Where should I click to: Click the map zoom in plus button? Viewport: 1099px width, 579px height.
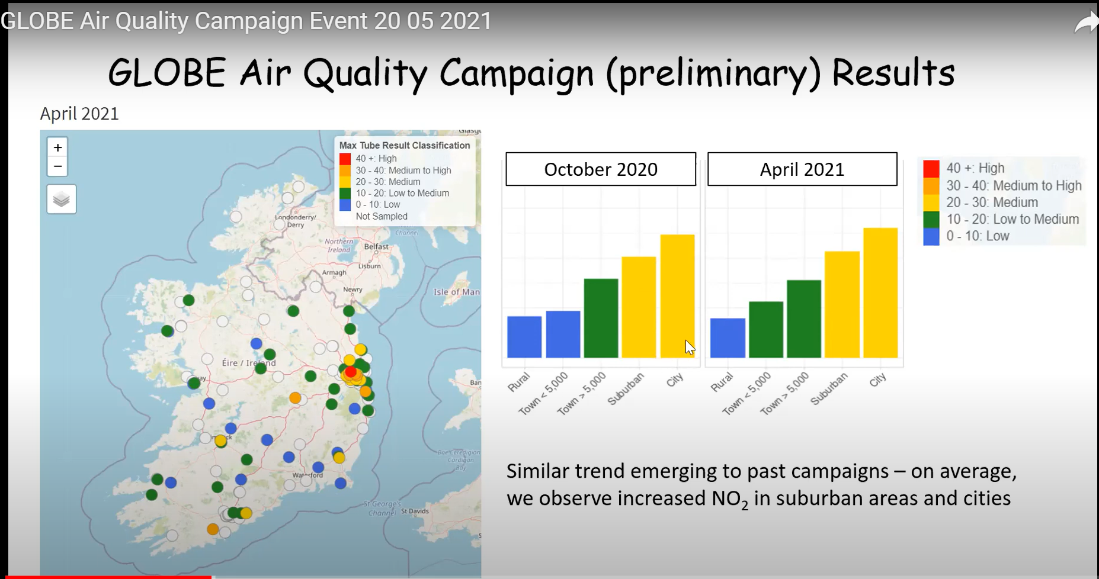pos(57,147)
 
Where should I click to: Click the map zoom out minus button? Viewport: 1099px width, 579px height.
pos(57,166)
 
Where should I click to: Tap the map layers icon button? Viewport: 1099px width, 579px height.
pos(62,200)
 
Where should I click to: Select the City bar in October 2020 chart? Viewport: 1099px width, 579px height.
pos(677,296)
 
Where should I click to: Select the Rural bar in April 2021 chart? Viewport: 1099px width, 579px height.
pos(727,338)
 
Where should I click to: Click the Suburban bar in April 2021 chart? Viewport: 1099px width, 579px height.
pos(842,304)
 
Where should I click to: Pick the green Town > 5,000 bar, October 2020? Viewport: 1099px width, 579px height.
pos(601,318)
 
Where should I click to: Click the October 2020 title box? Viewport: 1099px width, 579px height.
pos(600,169)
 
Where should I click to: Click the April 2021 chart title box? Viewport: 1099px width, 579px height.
pos(802,169)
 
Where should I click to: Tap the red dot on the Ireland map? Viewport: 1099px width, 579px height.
pos(351,372)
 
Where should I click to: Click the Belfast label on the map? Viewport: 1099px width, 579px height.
pos(376,247)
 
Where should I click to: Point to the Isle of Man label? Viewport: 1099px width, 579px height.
pos(456,292)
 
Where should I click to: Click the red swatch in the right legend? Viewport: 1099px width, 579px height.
pos(931,168)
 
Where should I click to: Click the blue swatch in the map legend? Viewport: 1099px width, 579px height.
pos(345,205)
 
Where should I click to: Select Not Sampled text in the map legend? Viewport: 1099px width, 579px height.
pos(381,217)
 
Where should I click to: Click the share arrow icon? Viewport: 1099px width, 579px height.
pos(1085,24)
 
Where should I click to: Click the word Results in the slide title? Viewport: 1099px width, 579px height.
pos(893,73)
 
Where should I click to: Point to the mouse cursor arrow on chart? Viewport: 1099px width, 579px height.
pos(689,347)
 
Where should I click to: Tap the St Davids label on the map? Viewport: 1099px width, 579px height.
pos(415,511)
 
